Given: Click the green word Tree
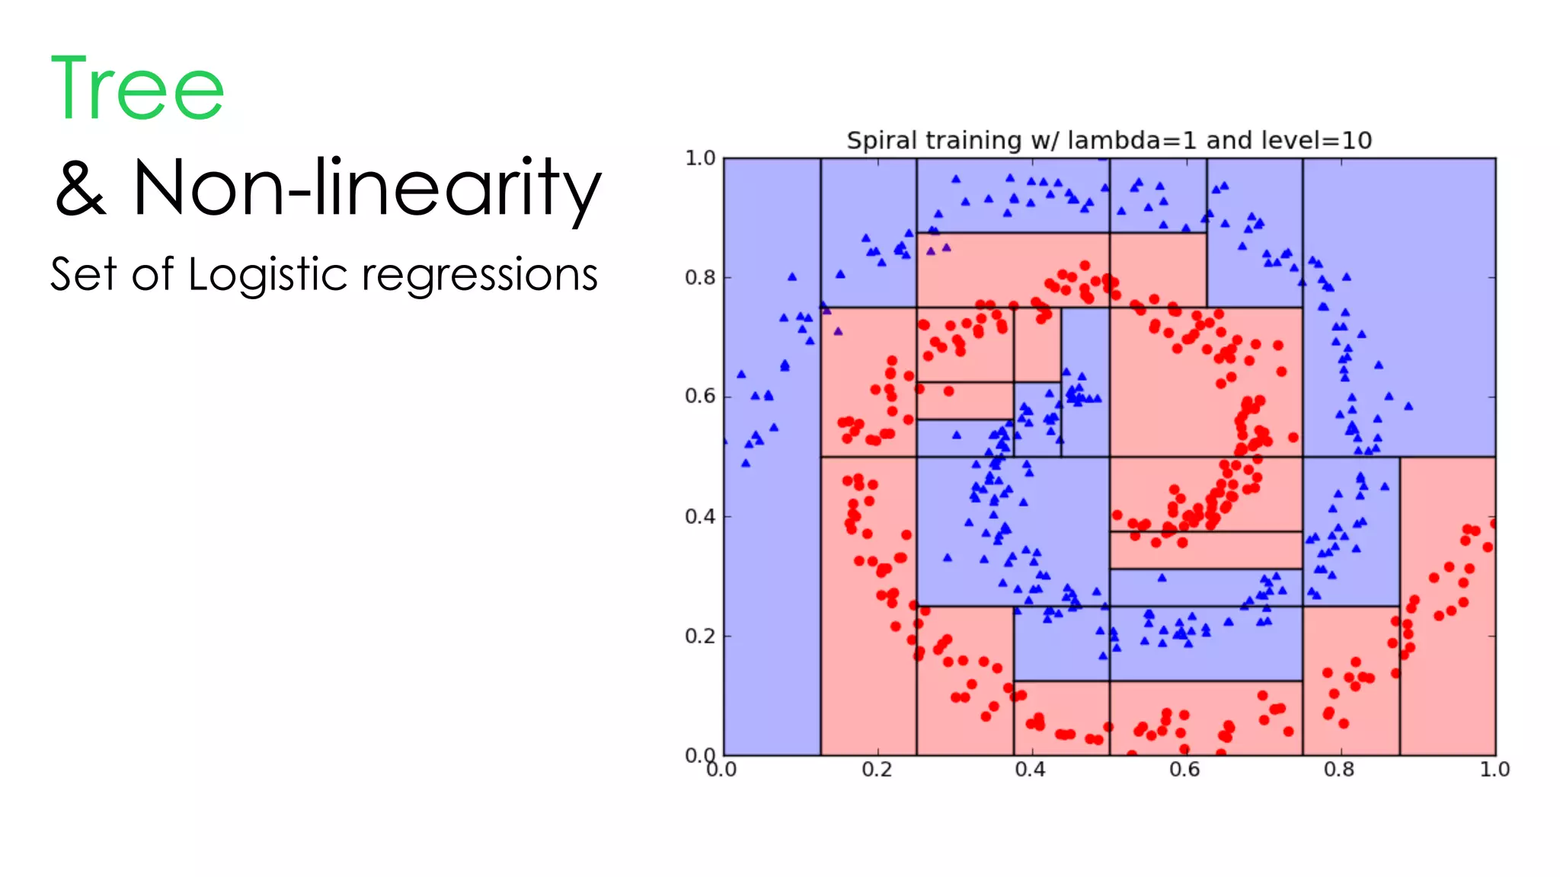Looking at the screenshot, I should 137,89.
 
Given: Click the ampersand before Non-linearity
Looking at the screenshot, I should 80,188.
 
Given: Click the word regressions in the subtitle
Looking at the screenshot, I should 480,276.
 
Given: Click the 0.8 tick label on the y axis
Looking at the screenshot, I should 700,278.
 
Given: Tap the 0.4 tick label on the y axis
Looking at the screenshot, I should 700,517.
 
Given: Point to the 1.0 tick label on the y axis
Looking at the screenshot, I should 700,158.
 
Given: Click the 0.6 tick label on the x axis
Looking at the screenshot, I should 1184,770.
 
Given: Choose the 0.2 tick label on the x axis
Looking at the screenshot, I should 877,770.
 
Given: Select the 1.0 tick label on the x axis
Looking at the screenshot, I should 1494,770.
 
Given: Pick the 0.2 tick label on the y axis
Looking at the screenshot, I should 700,636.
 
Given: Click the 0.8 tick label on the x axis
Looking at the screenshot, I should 1339,770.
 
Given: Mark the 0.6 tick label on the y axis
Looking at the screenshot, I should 700,397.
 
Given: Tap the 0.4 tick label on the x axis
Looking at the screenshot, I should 1030,770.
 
